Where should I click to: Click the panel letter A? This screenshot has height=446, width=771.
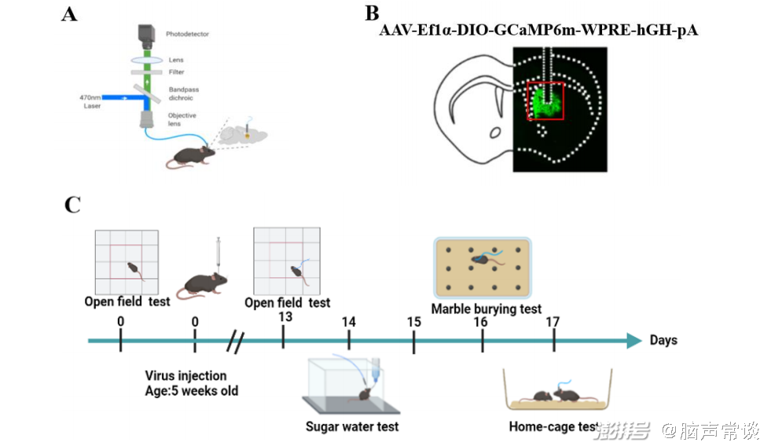pyautogui.click(x=69, y=14)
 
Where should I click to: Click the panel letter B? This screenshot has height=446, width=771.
pyautogui.click(x=372, y=13)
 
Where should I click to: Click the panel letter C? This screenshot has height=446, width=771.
pyautogui.click(x=72, y=205)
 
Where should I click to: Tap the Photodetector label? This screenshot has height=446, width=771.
pyautogui.click(x=187, y=35)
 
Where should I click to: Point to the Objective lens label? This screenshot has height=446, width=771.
pyautogui.click(x=182, y=119)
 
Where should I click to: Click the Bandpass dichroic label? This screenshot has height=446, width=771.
pyautogui.click(x=183, y=93)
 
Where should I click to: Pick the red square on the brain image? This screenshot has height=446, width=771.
pyautogui.click(x=545, y=101)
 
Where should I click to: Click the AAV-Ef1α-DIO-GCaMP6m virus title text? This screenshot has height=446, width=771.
pyautogui.click(x=538, y=31)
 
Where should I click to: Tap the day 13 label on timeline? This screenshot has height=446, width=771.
pyautogui.click(x=285, y=316)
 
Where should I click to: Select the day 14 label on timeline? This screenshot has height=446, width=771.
pyautogui.click(x=349, y=322)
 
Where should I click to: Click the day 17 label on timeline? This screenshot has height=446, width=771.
pyautogui.click(x=553, y=322)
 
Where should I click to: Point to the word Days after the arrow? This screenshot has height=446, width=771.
pyautogui.click(x=663, y=341)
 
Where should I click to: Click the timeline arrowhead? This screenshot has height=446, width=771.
pyautogui.click(x=633, y=341)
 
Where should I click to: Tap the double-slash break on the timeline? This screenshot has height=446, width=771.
pyautogui.click(x=235, y=342)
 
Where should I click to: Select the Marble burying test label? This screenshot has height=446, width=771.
pyautogui.click(x=486, y=309)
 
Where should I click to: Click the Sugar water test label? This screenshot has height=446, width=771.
pyautogui.click(x=352, y=427)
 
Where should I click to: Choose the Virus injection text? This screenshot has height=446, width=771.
pyautogui.click(x=185, y=376)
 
